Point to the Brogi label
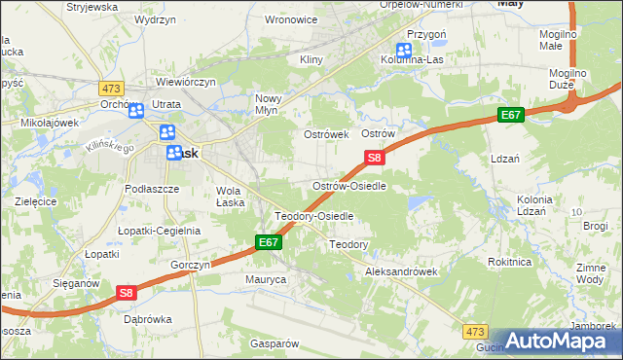(596, 226)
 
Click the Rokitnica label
(510, 262)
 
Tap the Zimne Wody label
(590, 273)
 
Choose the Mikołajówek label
(49, 124)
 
